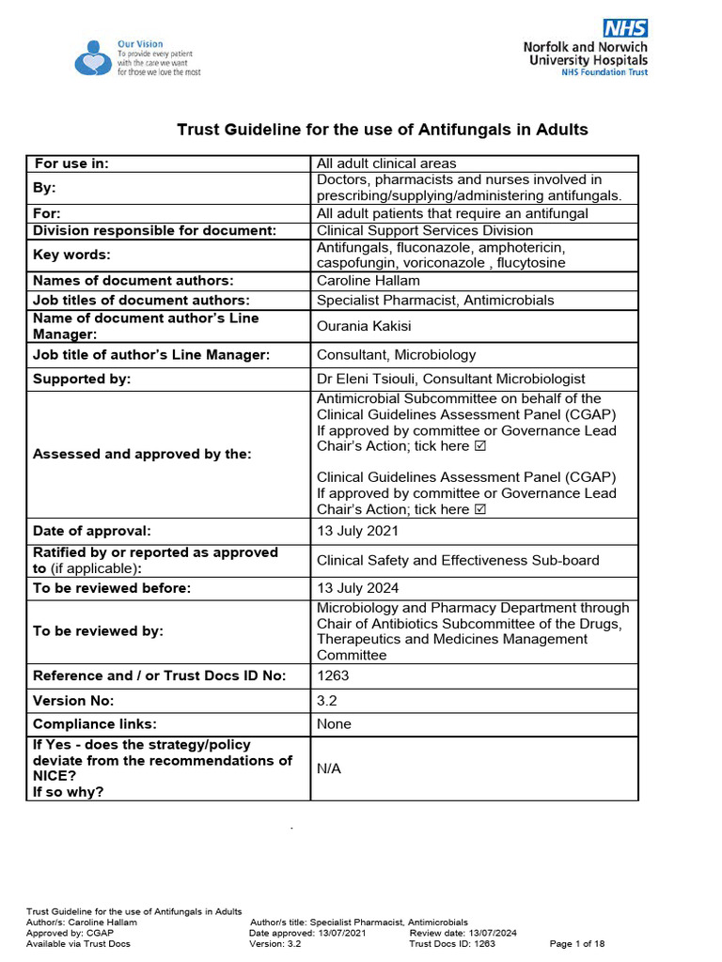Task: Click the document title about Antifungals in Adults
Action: click(383, 130)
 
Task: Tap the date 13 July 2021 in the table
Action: click(357, 531)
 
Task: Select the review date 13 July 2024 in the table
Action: click(357, 588)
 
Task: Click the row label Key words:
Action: click(71, 255)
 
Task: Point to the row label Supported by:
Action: click(82, 379)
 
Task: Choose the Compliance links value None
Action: click(334, 724)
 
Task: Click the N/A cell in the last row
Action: click(329, 768)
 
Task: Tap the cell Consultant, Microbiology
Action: click(396, 354)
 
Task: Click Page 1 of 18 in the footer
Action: click(577, 943)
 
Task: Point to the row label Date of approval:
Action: click(91, 531)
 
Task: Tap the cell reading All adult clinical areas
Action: click(386, 163)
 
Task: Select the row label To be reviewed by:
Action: click(98, 631)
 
